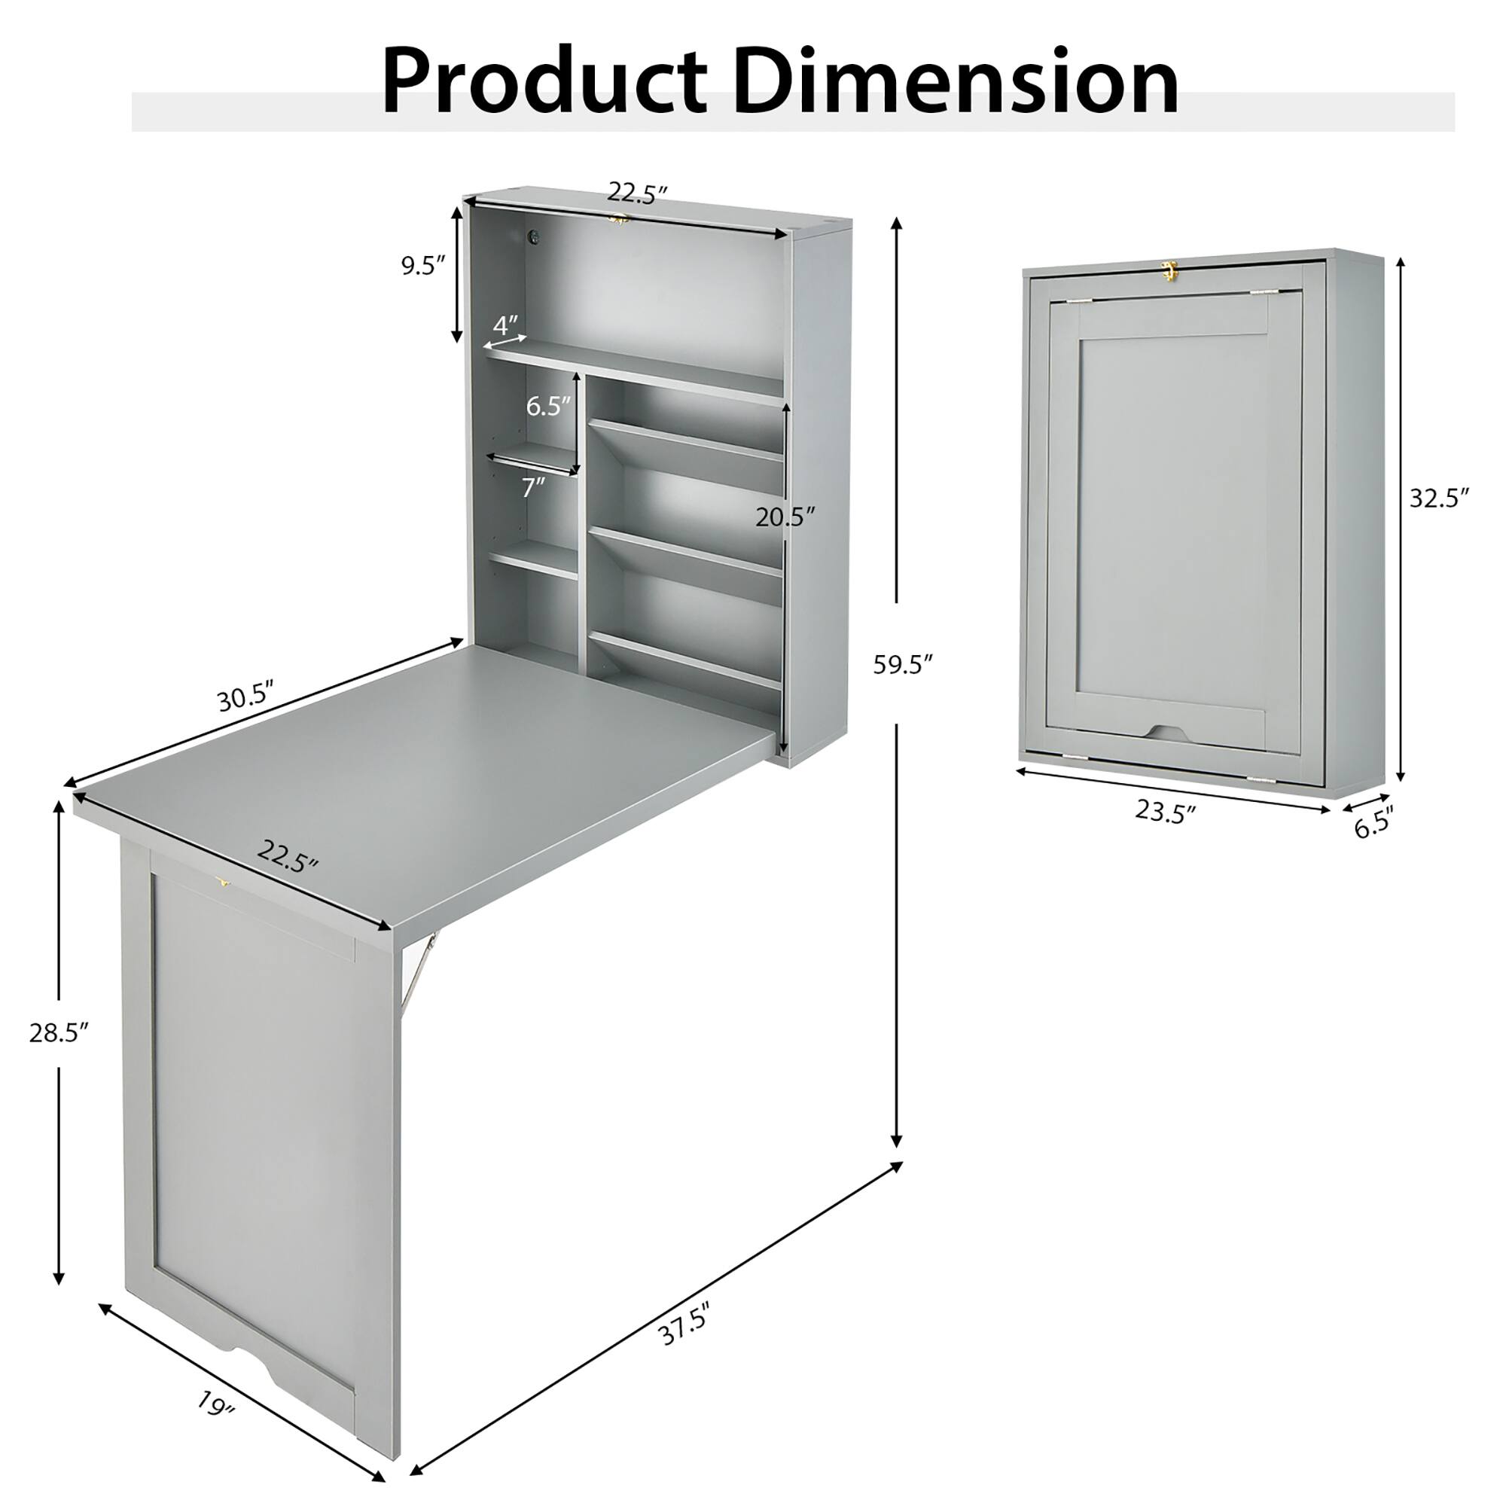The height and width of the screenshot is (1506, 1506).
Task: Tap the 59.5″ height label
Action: pos(903,665)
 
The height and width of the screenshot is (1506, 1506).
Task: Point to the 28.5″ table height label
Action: pos(59,1034)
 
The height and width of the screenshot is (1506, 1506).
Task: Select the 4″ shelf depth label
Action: pos(505,325)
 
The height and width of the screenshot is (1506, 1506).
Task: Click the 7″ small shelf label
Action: pos(533,487)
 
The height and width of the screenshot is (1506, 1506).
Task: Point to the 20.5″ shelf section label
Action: pos(785,516)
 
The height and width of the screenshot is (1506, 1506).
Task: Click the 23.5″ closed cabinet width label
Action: pos(1165,812)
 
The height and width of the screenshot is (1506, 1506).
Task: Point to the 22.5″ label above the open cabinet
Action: pos(638,193)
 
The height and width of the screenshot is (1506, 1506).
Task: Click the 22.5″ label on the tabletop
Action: pos(288,857)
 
